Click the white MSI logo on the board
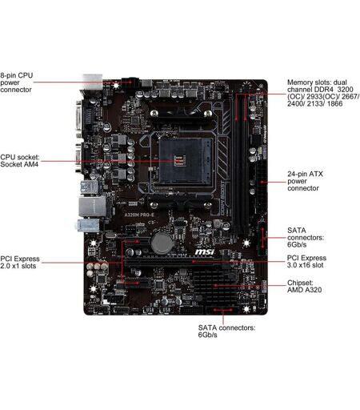(x=204, y=251)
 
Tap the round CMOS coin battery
(x=162, y=243)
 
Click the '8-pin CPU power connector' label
(x=17, y=82)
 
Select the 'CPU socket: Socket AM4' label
(x=20, y=161)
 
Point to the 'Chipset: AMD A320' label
(x=304, y=286)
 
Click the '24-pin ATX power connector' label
(x=305, y=181)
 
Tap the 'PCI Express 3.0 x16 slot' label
(x=306, y=262)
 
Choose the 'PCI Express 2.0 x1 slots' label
(x=20, y=262)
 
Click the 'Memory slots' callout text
(x=323, y=93)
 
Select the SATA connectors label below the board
(x=226, y=331)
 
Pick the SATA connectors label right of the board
(x=306, y=237)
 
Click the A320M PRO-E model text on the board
(x=139, y=215)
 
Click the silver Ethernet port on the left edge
(x=92, y=207)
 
